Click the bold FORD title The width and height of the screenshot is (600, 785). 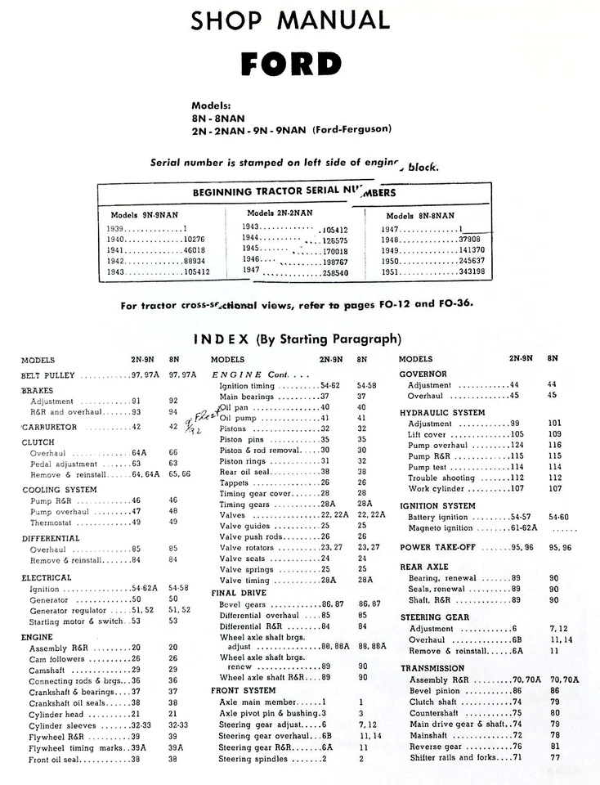[x=291, y=64]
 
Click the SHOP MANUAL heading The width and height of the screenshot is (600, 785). [x=290, y=20]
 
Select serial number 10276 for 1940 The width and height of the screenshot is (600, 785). [x=187, y=240]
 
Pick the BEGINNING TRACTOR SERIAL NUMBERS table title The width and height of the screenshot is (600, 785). [x=293, y=193]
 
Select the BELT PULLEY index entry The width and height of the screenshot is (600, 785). [x=48, y=375]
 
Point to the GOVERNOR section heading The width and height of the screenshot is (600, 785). [x=423, y=374]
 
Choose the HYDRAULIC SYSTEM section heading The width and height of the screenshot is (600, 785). [x=442, y=413]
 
